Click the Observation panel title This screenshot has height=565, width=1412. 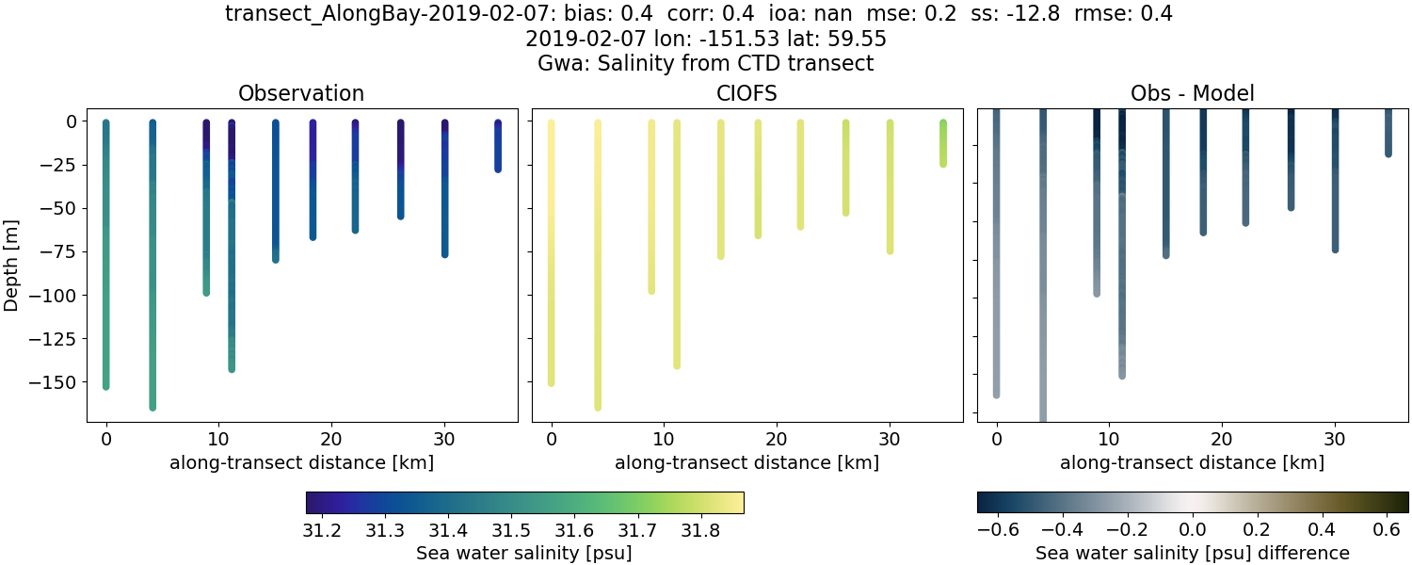coord(301,94)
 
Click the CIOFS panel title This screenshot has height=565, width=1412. coord(746,94)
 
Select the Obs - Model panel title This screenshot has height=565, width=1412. coord(1192,94)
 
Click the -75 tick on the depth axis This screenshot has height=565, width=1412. coord(63,252)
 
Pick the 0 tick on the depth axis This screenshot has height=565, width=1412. coord(73,121)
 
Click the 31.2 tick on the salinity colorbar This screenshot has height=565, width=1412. coord(323,531)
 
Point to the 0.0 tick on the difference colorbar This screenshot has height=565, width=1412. coord(1193,531)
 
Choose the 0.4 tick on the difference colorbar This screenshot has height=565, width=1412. coord(1323,531)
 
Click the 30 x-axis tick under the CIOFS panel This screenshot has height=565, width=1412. coord(890,439)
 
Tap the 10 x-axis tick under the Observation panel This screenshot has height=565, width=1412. coord(218,439)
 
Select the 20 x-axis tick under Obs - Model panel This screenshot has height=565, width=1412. coord(1222,439)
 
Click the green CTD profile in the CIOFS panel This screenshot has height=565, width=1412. coord(943,143)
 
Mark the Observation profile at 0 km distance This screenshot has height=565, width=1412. coord(106,254)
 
